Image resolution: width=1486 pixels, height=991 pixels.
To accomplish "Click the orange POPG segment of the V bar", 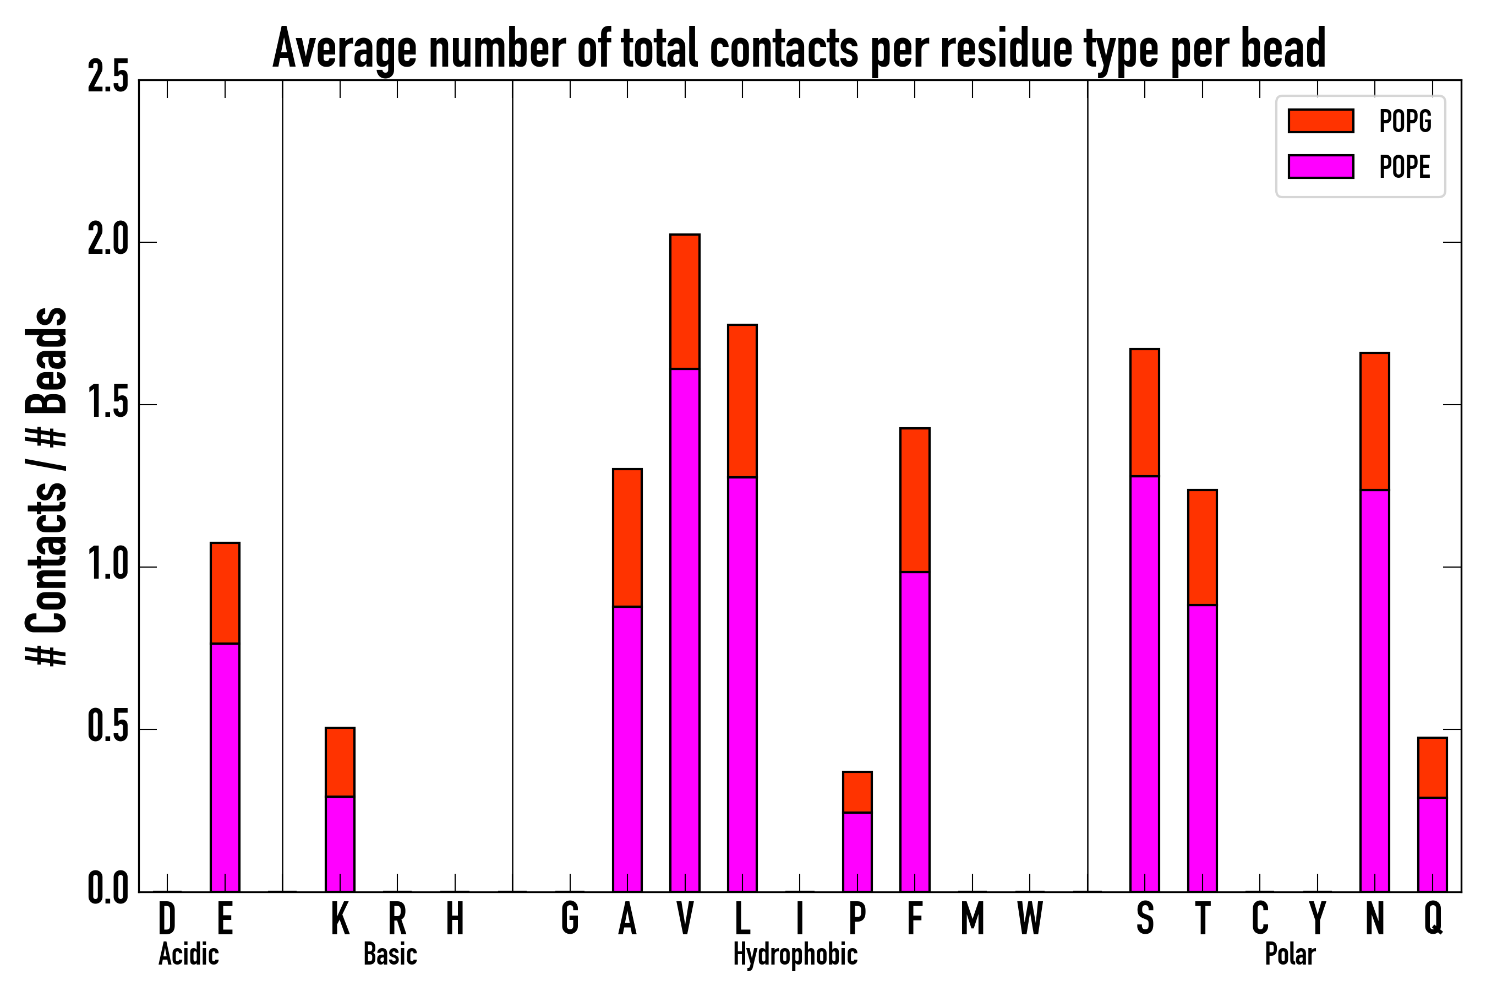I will point(685,302).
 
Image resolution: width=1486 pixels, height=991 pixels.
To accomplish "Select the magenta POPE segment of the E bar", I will point(225,767).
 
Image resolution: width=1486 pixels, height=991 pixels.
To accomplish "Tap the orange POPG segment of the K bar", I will point(340,762).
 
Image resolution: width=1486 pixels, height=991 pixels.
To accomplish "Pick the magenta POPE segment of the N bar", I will point(1375,691).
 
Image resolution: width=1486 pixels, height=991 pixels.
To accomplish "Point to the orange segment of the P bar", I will point(857,792).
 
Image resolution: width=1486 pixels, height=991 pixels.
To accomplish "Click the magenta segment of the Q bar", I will point(1432,845).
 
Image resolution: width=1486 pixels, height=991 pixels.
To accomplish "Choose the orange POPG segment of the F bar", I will point(915,500).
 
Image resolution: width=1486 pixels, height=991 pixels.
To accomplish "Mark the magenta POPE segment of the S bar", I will point(1145,684).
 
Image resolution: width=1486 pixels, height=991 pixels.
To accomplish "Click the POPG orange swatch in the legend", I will point(1321,121).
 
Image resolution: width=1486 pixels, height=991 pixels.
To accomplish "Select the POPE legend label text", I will point(1405,167).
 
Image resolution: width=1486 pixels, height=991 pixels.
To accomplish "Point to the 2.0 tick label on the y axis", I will point(108,242).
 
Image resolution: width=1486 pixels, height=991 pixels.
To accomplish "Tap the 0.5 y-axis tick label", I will point(108,729).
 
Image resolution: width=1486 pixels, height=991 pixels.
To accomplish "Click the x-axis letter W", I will point(1030,919).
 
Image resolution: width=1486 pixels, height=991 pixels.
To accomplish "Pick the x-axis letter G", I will point(570,919).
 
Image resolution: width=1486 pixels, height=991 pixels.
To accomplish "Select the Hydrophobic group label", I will point(795,954).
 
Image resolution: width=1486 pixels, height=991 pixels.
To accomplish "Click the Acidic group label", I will point(189,954).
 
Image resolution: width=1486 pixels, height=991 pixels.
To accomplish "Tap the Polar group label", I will point(1290,954).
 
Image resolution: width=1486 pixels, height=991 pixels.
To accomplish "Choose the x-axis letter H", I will point(455,919).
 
